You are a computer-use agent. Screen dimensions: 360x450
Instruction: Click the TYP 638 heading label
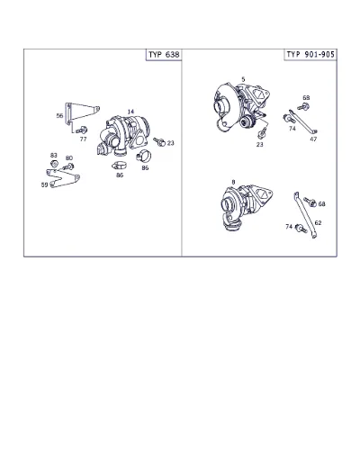pos(164,55)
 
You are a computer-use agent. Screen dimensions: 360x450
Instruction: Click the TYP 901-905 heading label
pos(310,54)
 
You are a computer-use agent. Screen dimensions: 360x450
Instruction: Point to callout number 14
pos(130,112)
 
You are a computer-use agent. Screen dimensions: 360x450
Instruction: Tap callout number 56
pos(59,115)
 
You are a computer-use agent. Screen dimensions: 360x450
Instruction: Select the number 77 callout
pos(83,139)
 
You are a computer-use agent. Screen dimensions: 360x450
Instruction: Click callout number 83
pos(54,155)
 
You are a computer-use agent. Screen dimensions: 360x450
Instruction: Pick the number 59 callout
pos(44,184)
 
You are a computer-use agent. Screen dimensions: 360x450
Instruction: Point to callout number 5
pos(243,79)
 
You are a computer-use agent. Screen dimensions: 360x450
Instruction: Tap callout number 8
pos(233,182)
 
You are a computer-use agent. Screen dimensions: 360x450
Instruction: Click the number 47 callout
pos(313,139)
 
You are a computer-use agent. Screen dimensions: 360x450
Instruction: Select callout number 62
pos(318,222)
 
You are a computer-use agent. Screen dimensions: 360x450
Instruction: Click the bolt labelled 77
pos(81,130)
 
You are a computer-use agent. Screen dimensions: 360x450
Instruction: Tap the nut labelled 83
pos(54,164)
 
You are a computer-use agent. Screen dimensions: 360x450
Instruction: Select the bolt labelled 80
pos(68,166)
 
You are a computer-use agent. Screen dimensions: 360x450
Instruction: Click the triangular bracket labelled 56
pos(82,113)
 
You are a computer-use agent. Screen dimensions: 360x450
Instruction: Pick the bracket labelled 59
pos(63,178)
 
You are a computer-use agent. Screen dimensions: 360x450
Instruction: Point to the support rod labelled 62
pos(305,215)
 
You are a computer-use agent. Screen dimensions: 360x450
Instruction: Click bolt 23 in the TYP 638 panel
pos(159,141)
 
